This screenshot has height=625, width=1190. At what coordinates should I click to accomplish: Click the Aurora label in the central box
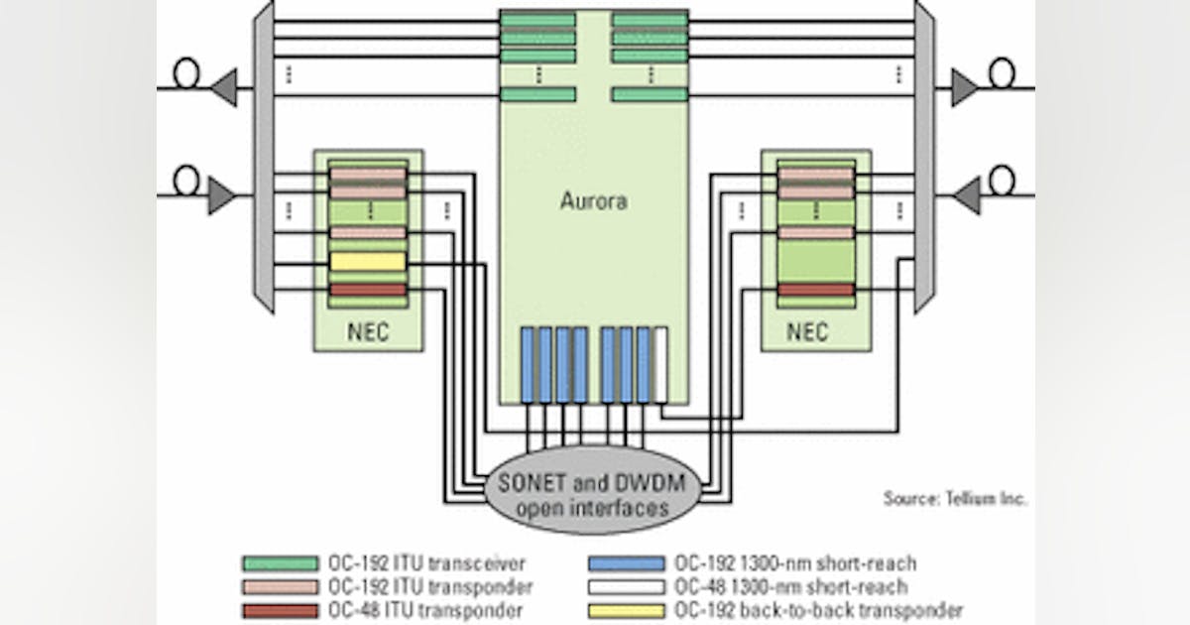click(x=593, y=201)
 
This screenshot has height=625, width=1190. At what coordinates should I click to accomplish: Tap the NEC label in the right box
click(x=807, y=331)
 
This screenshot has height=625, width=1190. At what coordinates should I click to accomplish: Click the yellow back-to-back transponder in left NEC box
click(x=368, y=261)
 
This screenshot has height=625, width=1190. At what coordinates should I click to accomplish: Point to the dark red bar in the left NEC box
click(x=368, y=290)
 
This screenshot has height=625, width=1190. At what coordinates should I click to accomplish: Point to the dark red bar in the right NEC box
click(x=816, y=290)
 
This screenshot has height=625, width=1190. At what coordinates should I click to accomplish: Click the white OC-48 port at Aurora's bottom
click(x=660, y=364)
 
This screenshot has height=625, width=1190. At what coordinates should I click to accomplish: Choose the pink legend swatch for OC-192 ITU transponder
click(x=277, y=587)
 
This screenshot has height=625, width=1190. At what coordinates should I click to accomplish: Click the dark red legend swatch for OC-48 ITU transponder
click(x=277, y=611)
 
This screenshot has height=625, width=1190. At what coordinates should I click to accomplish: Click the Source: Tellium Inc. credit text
click(x=955, y=499)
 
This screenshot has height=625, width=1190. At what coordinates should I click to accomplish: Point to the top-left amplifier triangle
click(x=223, y=87)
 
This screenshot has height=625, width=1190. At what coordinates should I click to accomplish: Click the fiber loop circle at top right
click(x=1002, y=72)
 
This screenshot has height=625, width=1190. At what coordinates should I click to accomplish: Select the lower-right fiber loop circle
click(x=1002, y=180)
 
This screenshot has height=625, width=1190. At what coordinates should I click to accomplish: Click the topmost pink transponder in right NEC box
click(x=816, y=175)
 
